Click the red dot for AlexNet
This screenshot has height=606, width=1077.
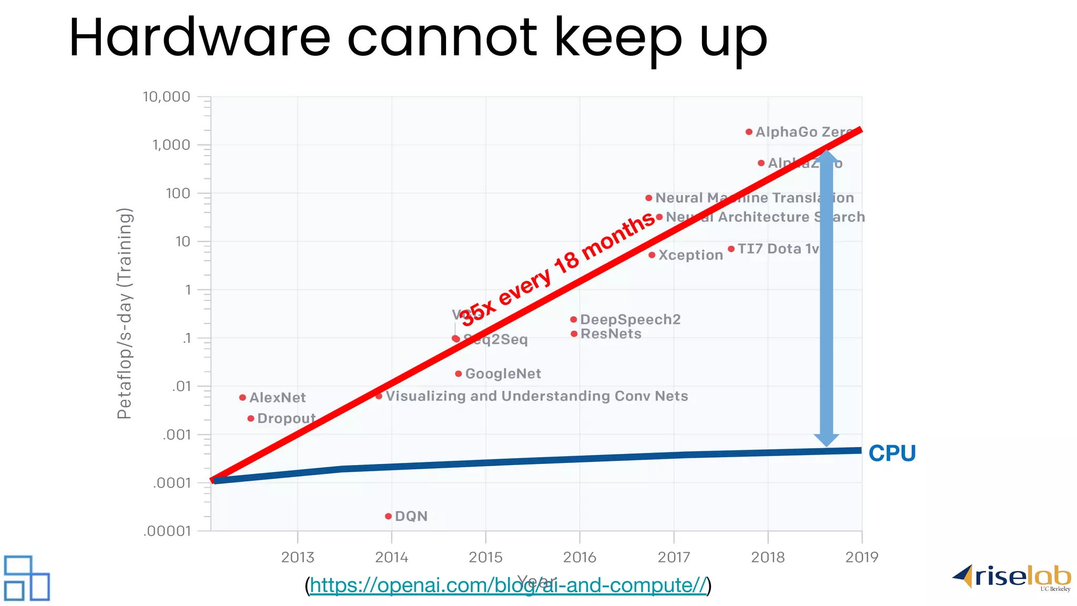pyautogui.click(x=242, y=398)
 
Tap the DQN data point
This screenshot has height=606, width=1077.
pyautogui.click(x=388, y=517)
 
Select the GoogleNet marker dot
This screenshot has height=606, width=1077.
pyautogui.click(x=459, y=374)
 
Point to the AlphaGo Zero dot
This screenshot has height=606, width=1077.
pyautogui.click(x=749, y=132)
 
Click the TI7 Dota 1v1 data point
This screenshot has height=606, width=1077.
pyautogui.click(x=731, y=249)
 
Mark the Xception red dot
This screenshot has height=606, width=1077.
pyautogui.click(x=652, y=255)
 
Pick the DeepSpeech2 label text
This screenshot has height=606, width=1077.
pyautogui.click(x=630, y=319)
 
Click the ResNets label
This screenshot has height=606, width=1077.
pyautogui.click(x=611, y=334)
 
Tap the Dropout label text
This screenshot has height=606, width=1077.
pyautogui.click(x=286, y=419)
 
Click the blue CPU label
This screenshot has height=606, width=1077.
pyautogui.click(x=892, y=453)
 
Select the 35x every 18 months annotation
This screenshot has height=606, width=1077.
pyautogui.click(x=557, y=268)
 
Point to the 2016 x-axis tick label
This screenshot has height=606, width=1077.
pyautogui.click(x=580, y=557)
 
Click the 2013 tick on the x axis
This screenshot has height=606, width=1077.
pyautogui.click(x=298, y=557)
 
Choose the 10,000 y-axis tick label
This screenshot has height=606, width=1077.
pyautogui.click(x=166, y=97)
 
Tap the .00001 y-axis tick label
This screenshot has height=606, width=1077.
pyautogui.click(x=167, y=531)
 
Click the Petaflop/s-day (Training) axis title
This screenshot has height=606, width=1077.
pyautogui.click(x=125, y=314)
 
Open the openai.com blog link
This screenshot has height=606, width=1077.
pyautogui.click(x=508, y=585)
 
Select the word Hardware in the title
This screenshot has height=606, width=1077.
pyautogui.click(x=200, y=38)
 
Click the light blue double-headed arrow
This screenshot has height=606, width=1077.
pyautogui.click(x=826, y=298)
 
